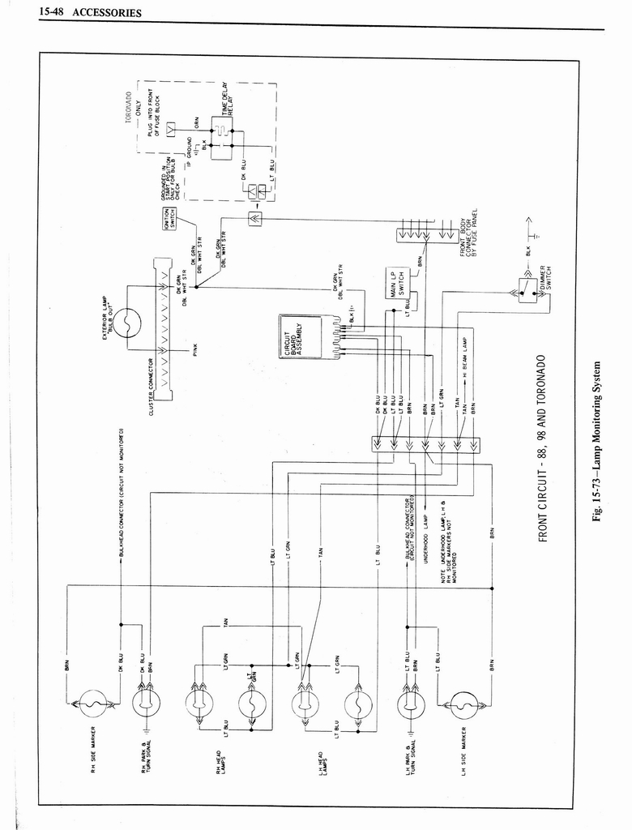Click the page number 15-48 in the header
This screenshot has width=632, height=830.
[x=51, y=13]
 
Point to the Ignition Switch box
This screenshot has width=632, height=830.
[x=169, y=219]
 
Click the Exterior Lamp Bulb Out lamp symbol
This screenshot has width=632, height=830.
[x=127, y=323]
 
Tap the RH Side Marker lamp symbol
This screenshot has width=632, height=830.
[x=94, y=703]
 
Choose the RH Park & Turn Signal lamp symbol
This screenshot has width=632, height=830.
[x=147, y=703]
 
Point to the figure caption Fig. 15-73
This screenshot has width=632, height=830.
[x=598, y=442]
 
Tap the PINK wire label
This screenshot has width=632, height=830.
[x=195, y=349]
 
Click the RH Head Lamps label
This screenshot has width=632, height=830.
[x=220, y=766]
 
